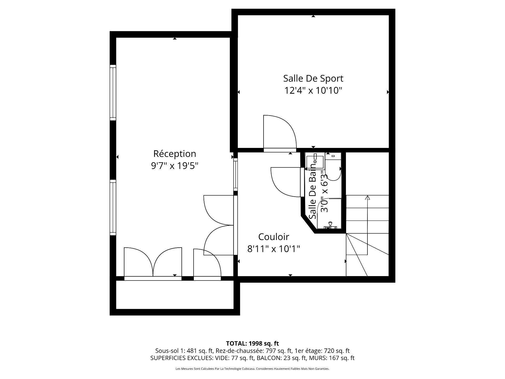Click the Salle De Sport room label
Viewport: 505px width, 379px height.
313,78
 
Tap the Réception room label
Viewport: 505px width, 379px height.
175,154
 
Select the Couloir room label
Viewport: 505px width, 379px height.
274,237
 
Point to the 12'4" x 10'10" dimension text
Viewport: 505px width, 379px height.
313,91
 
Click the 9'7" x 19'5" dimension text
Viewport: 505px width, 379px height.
175,166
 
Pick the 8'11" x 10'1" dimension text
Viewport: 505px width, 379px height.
274,249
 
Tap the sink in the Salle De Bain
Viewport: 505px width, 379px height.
315,162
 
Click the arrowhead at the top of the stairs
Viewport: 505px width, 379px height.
367,197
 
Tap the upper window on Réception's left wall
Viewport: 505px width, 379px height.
113,92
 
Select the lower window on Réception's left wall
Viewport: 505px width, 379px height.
113,208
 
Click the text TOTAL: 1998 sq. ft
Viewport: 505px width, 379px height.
252,343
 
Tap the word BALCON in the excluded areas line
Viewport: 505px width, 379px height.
266,358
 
